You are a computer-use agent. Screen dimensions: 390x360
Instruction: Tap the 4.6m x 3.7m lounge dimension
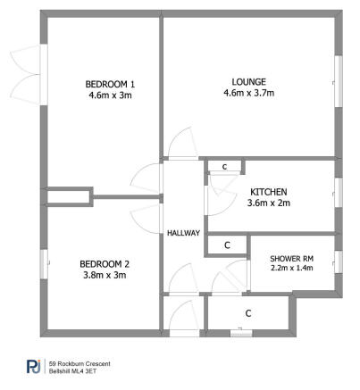tap(248, 92)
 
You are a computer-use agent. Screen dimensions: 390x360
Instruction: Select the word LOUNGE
tap(248, 80)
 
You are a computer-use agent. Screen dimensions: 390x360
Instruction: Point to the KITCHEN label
tap(269, 192)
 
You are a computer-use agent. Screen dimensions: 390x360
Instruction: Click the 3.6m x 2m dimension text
tap(269, 203)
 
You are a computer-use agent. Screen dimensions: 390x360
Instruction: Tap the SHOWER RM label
tap(291, 259)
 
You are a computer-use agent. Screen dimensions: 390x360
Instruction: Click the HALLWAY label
tap(183, 233)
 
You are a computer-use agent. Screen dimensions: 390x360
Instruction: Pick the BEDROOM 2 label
tap(105, 263)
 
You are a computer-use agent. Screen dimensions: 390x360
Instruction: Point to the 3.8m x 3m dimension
tap(105, 275)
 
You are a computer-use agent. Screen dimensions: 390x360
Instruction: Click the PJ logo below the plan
tap(33, 366)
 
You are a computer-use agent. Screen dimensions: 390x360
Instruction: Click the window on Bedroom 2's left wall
tap(43, 265)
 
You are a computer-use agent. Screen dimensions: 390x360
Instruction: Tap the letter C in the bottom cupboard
tap(247, 313)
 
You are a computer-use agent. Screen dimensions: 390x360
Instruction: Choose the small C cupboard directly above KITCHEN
tap(224, 167)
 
